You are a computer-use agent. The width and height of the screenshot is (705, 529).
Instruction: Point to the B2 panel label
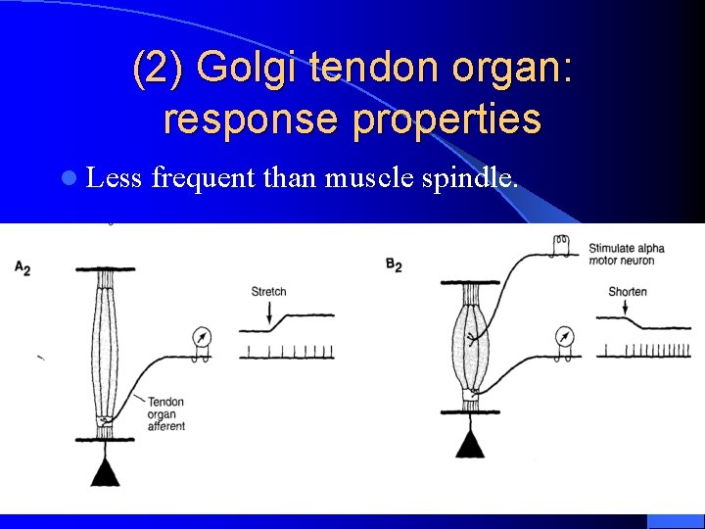pos(394,265)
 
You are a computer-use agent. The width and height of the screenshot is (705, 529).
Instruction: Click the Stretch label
pos(268,292)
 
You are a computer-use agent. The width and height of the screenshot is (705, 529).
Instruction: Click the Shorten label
pos(627,292)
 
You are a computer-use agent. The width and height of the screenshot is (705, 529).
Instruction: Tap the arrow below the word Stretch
pos(269,313)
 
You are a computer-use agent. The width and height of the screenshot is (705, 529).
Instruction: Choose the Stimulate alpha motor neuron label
pos(627,254)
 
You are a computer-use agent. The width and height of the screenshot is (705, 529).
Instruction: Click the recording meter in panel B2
pos(564,338)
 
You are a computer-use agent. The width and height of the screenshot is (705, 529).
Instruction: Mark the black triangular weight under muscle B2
pos(470,445)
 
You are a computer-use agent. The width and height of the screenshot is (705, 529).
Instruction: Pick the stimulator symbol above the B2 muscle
pos(562,242)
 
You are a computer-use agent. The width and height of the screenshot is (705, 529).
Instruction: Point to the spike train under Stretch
pos(287,351)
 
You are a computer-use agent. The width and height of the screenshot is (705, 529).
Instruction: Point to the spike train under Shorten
pos(646,350)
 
